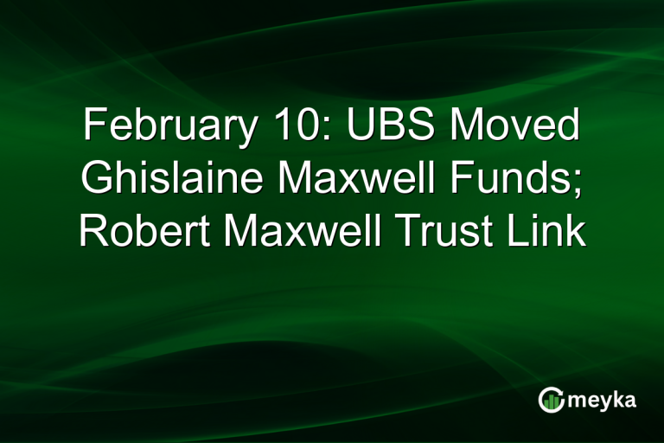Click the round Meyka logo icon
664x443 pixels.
point(550,399)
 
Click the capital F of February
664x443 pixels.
point(93,127)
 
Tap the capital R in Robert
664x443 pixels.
point(93,231)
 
